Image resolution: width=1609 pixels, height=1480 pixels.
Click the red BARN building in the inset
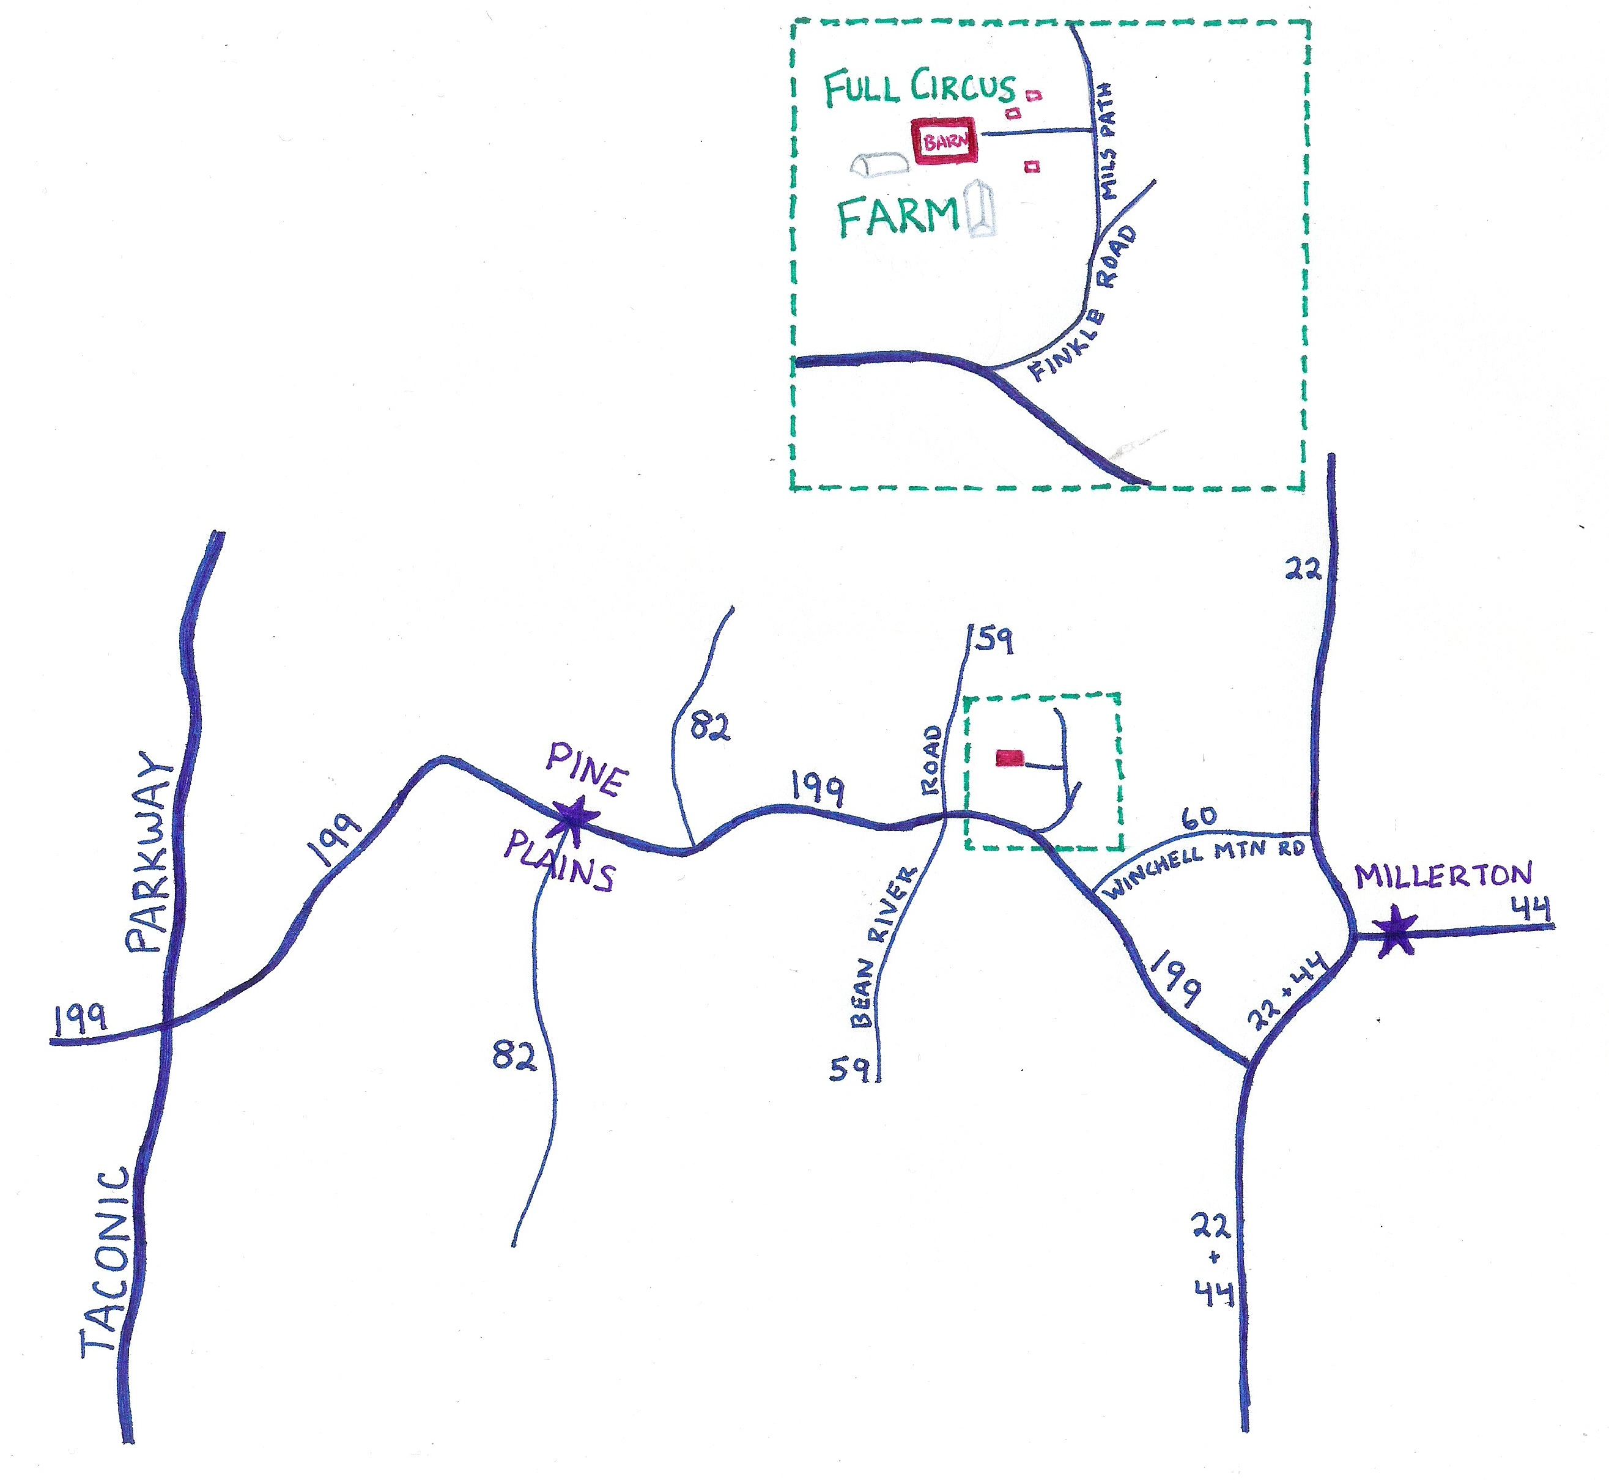945,142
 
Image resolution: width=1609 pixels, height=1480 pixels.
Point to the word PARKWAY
150,853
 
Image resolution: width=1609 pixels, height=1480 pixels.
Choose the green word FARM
898,216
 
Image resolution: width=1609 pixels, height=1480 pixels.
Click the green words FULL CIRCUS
919,87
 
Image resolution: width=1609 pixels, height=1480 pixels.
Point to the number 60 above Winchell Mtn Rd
1199,817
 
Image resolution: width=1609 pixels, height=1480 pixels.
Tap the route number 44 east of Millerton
1531,909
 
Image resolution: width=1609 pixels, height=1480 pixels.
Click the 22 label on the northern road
1302,569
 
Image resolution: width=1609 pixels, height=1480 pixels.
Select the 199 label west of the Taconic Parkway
81,1017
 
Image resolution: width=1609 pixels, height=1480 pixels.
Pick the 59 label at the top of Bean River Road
994,640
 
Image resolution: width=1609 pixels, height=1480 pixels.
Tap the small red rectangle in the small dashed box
1010,757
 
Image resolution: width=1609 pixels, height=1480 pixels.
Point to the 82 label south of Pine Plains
513,1056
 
